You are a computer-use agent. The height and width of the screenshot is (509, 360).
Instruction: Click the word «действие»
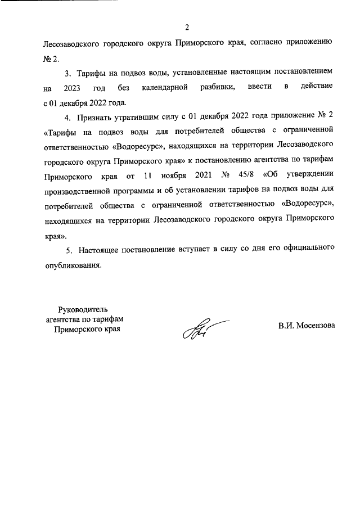tap(317, 88)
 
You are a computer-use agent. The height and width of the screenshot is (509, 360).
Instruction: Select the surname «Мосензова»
tap(315, 325)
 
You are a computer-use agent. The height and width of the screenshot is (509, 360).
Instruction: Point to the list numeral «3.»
tap(69, 73)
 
